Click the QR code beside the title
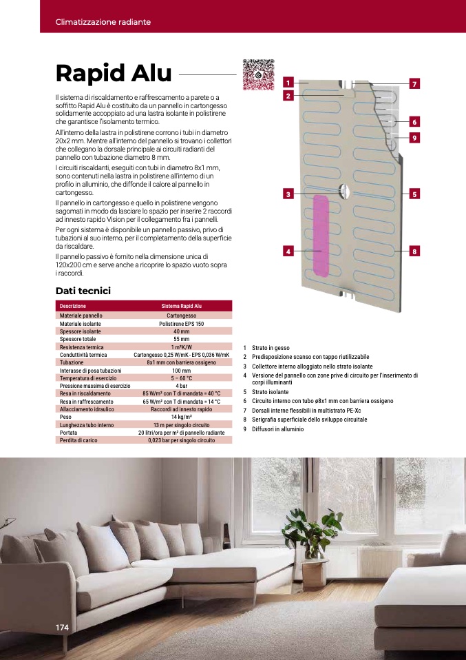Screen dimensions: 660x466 (x=258, y=74)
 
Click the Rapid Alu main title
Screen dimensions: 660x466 (x=114, y=74)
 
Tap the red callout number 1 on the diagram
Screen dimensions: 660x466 (x=287, y=83)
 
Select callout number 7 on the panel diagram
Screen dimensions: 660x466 (x=414, y=84)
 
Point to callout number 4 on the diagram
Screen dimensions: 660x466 (x=287, y=251)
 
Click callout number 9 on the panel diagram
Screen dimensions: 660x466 (x=414, y=138)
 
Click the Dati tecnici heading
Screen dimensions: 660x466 (x=83, y=291)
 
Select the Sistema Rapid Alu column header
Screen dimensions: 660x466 (x=182, y=305)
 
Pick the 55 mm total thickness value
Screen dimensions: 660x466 (x=182, y=340)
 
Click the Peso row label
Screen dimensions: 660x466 (x=66, y=417)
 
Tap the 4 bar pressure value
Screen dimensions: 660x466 (x=182, y=386)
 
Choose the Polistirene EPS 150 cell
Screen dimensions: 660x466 (x=182, y=323)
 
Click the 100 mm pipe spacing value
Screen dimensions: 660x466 (x=182, y=371)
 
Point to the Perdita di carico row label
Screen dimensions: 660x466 (x=78, y=440)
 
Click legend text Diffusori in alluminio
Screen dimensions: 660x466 (x=277, y=429)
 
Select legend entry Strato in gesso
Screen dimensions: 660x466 (x=271, y=349)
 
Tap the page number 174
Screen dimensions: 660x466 (x=63, y=627)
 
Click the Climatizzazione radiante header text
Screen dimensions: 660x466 (x=103, y=22)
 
